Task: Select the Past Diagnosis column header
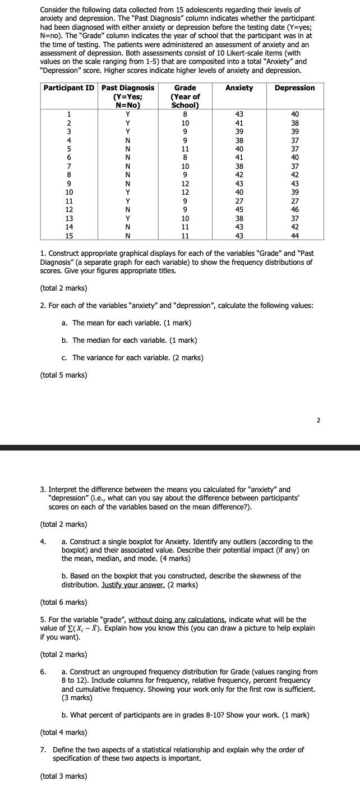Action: [x=127, y=88]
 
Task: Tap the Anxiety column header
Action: [x=239, y=88]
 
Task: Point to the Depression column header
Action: [x=295, y=88]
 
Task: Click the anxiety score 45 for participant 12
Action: [x=239, y=209]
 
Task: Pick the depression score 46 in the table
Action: [x=295, y=209]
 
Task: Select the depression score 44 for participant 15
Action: [x=295, y=235]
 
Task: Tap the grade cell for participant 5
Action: [x=185, y=149]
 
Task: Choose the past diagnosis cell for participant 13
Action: [x=127, y=218]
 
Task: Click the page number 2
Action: [x=318, y=420]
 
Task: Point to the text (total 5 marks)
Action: [x=63, y=375]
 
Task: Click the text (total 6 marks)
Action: [x=63, y=602]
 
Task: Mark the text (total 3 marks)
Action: [x=63, y=776]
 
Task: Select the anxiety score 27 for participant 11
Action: [x=239, y=201]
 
